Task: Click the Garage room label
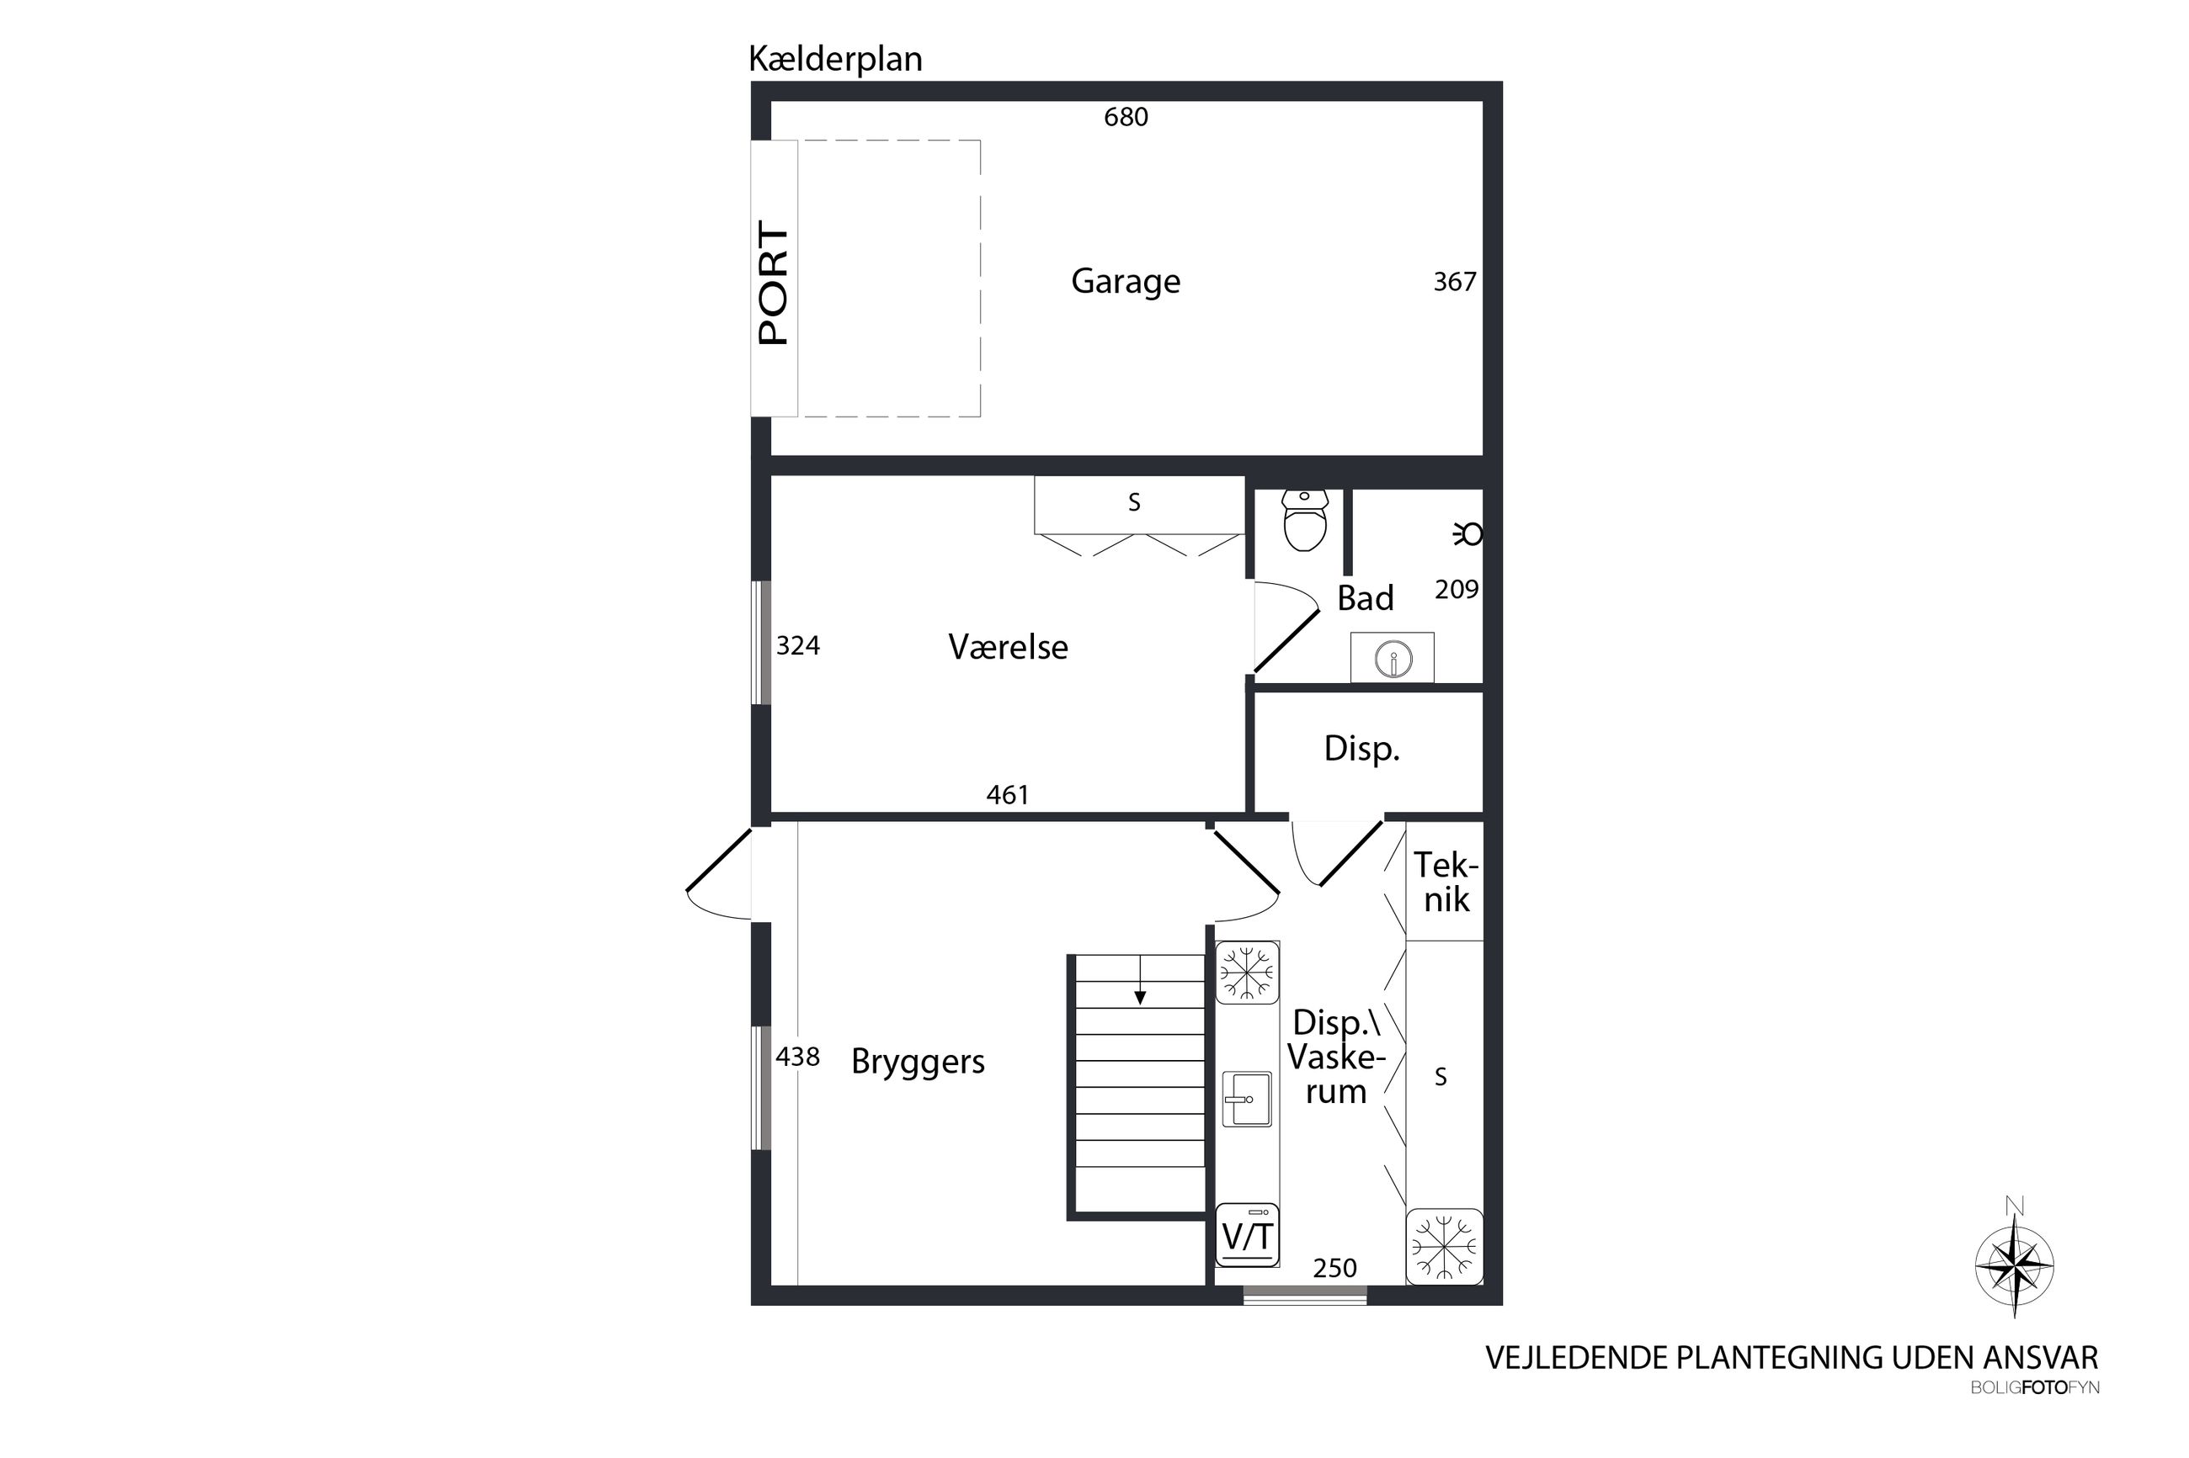click(x=1125, y=281)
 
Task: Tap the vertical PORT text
click(x=773, y=283)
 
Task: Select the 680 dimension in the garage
click(x=1126, y=117)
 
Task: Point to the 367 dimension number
click(x=1454, y=281)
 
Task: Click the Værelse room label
click(x=1008, y=646)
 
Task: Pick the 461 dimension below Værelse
click(x=1008, y=795)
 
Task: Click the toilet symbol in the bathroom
click(x=1304, y=521)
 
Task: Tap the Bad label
click(x=1365, y=598)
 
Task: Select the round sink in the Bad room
click(x=1393, y=659)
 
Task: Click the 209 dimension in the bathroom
click(x=1456, y=589)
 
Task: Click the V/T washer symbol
click(x=1247, y=1235)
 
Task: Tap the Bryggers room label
click(x=918, y=1062)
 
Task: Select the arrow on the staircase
click(x=1140, y=980)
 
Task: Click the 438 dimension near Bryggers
click(x=797, y=1058)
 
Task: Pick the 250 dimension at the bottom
click(x=1334, y=1269)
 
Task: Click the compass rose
click(x=2014, y=1265)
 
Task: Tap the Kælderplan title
click(x=835, y=60)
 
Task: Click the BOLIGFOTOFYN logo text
click(x=2035, y=1388)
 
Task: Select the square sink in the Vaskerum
click(x=1247, y=1098)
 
